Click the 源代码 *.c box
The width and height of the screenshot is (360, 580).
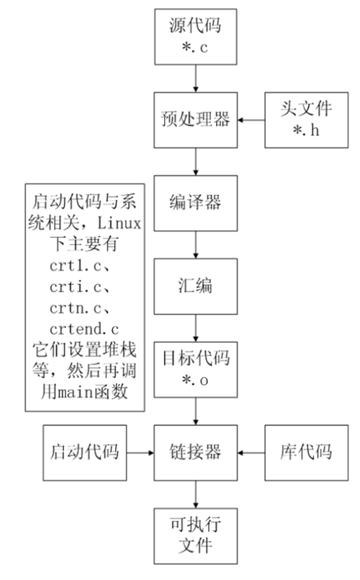click(195, 37)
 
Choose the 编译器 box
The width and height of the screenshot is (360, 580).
click(195, 201)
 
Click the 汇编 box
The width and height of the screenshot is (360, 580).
click(195, 285)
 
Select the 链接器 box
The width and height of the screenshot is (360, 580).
click(195, 450)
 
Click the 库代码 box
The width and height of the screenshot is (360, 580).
click(304, 450)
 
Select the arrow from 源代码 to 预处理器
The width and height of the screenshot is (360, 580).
click(195, 78)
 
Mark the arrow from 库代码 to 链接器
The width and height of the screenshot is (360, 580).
click(250, 451)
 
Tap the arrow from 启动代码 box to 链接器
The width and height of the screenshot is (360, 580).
click(140, 451)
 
